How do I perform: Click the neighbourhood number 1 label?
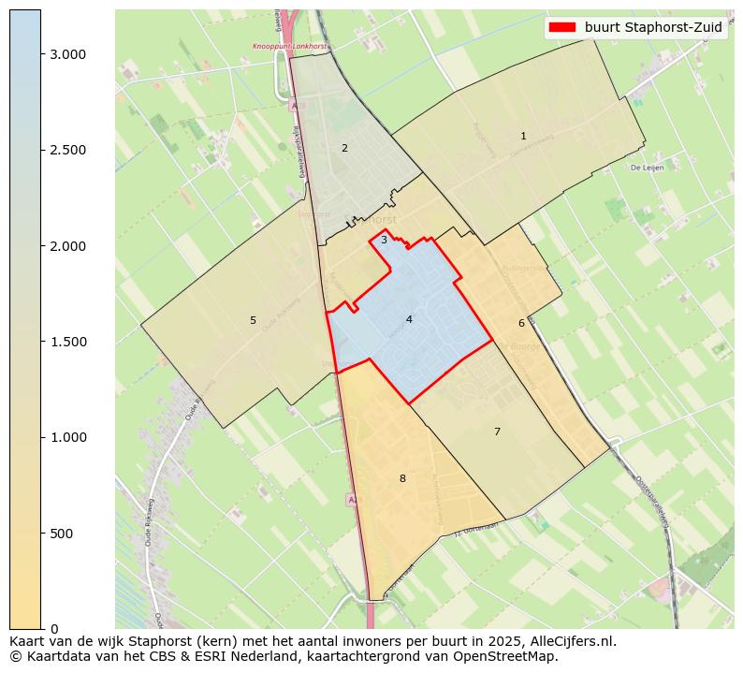[523, 137]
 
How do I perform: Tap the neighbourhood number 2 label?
[344, 148]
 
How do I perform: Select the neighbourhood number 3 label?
[384, 240]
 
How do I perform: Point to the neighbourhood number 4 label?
[409, 319]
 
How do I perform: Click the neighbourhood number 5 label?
[253, 320]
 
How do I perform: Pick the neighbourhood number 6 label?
[521, 323]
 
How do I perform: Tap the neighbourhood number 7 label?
[497, 432]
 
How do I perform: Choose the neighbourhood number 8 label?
[402, 478]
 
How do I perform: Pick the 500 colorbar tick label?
[60, 534]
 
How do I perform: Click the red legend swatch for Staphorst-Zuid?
[562, 27]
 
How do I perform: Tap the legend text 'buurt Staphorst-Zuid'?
[653, 27]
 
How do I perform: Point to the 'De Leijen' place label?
[647, 168]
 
